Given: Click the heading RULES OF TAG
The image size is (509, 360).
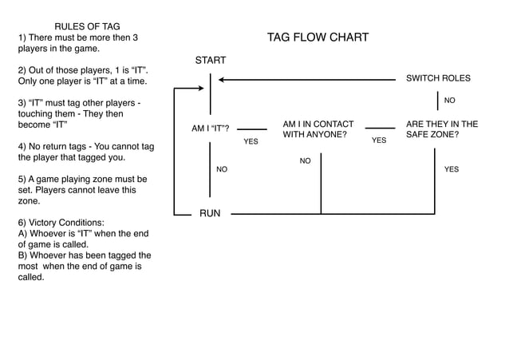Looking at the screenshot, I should [x=87, y=26].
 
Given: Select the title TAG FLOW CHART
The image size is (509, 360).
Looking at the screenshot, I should [x=318, y=38].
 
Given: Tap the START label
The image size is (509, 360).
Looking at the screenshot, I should [x=211, y=61].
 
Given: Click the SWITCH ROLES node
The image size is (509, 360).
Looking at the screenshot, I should [x=438, y=78].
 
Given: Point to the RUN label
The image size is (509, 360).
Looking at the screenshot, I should [x=210, y=213].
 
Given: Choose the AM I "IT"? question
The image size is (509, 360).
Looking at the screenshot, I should [x=211, y=129].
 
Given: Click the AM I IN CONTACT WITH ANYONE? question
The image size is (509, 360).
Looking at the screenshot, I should [x=318, y=129].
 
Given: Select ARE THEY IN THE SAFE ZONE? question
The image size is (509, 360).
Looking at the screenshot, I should [x=441, y=129].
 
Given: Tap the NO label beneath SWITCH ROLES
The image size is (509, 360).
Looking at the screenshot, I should [x=449, y=101].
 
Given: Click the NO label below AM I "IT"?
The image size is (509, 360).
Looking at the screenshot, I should [x=222, y=169].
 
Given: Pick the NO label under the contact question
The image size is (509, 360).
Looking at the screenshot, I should [x=305, y=161].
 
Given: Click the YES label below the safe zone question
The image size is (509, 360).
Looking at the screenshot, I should [x=451, y=169].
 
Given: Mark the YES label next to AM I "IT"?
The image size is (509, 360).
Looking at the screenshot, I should [x=251, y=141].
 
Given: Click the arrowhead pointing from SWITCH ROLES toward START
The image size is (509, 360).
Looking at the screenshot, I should [x=223, y=79].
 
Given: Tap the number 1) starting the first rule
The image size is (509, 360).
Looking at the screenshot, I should [x=22, y=38].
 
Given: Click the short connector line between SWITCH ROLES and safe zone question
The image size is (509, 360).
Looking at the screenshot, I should [x=438, y=101].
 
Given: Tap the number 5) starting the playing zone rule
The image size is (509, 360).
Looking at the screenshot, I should [x=22, y=180].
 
